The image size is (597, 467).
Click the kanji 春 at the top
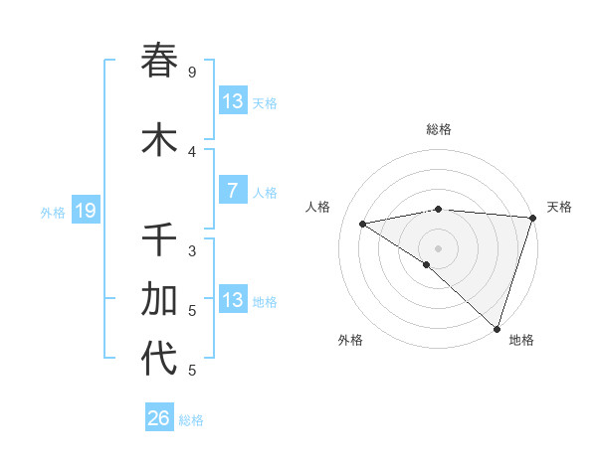tap(159, 61)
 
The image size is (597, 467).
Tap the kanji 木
tap(159, 140)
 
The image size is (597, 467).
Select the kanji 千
tap(159, 239)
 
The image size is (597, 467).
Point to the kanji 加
tap(159, 299)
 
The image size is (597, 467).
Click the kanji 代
tap(159, 359)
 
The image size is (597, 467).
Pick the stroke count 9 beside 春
tap(192, 73)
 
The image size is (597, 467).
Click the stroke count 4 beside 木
tap(192, 152)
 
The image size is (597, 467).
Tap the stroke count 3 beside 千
tap(192, 251)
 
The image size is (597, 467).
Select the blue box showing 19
tap(85, 211)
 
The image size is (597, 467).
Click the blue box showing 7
tap(232, 191)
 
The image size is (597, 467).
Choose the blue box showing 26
tap(158, 418)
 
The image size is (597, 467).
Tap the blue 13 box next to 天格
tap(232, 101)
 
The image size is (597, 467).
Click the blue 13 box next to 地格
tap(232, 300)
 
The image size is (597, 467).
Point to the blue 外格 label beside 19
tap(53, 212)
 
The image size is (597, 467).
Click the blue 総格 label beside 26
tap(191, 420)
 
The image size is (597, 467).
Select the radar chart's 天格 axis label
tap(559, 207)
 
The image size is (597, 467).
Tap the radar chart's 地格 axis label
tap(520, 340)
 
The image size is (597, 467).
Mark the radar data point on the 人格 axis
tap(363, 224)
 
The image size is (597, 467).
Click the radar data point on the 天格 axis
tap(533, 217)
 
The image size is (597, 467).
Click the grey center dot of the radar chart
tap(438, 247)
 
